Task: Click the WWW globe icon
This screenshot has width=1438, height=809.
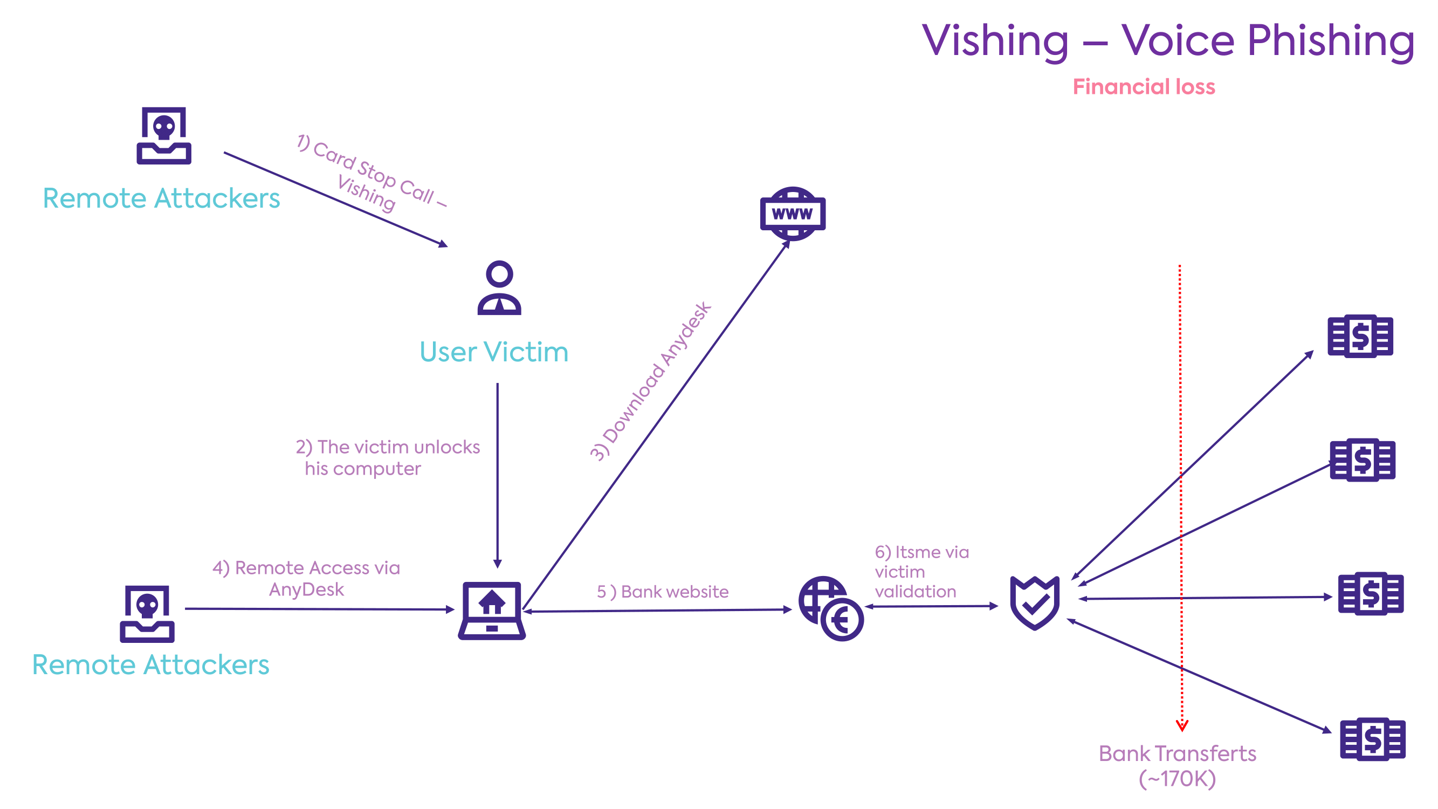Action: [792, 213]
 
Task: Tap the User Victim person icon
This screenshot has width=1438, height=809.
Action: [499, 288]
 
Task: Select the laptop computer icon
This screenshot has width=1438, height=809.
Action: [491, 611]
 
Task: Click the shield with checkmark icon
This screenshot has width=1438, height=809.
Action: [1034, 603]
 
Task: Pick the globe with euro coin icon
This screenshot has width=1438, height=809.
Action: [831, 608]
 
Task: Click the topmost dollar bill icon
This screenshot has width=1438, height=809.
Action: [1360, 336]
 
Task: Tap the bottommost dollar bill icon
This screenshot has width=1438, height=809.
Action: [1372, 739]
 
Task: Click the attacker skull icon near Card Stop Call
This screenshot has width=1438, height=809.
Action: [163, 136]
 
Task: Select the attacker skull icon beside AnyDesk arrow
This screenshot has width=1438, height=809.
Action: [147, 614]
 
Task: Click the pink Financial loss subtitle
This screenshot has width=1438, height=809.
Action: [1143, 87]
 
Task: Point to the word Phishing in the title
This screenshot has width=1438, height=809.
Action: [1331, 42]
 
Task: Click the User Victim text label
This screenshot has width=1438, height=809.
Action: [493, 352]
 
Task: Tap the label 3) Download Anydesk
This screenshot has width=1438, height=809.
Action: [650, 381]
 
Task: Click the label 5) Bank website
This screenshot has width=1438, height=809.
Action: [663, 592]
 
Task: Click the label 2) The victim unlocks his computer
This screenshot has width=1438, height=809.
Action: [388, 458]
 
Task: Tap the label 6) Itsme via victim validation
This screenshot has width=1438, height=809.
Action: [921, 572]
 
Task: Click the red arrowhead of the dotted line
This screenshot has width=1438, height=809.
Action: [1182, 726]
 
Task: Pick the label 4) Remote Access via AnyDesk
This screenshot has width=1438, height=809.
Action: [306, 578]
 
